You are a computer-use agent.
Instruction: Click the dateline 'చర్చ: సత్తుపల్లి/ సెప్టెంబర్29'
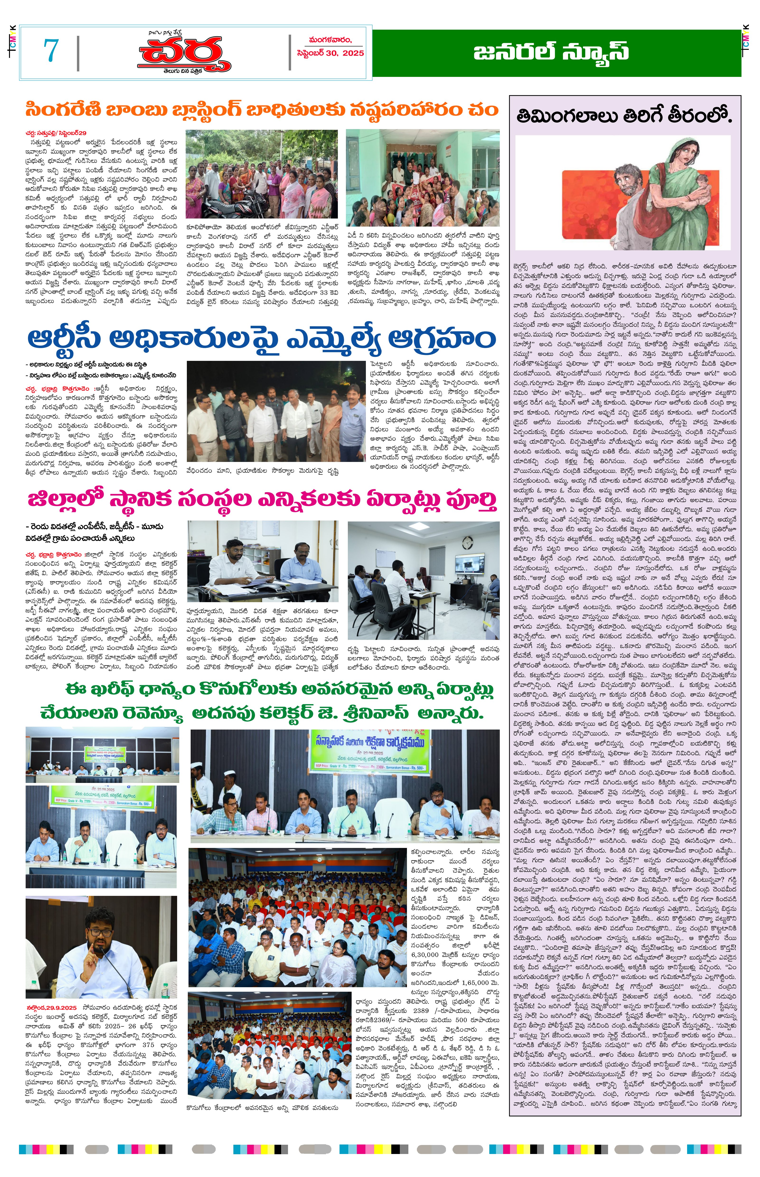(57, 133)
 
